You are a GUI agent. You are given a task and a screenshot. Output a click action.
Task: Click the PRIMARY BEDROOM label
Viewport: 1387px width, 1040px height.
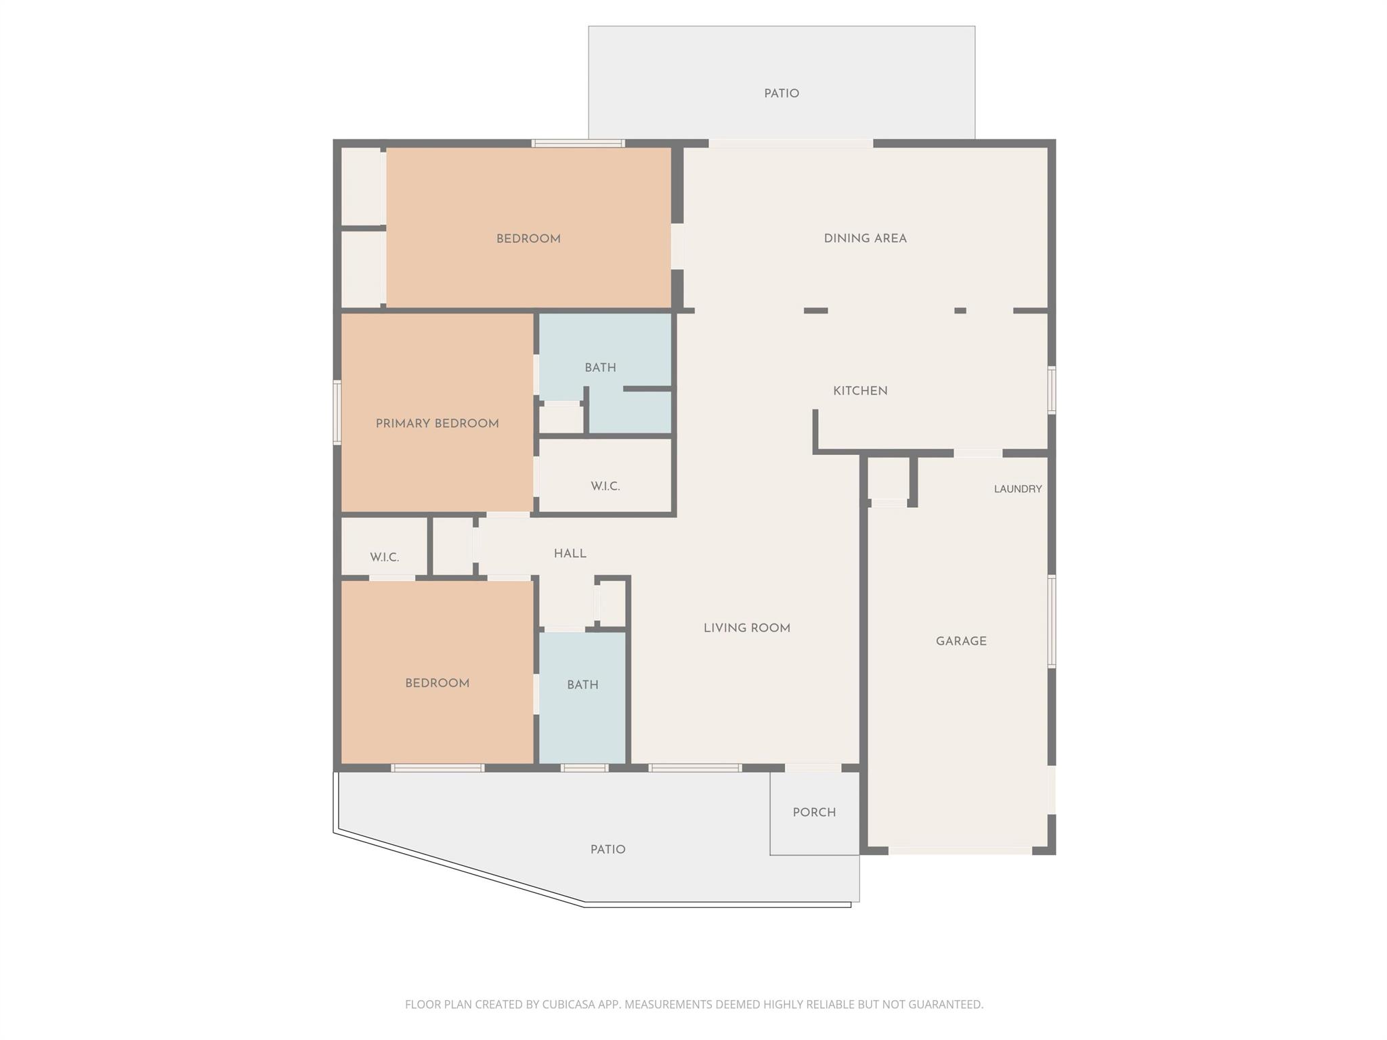coord(437,424)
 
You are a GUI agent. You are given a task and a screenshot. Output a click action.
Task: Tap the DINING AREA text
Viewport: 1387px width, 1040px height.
coord(865,238)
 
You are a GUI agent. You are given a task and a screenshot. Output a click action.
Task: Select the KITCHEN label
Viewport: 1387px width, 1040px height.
coord(860,391)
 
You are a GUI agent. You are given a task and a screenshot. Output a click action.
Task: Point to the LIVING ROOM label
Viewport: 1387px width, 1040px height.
coord(747,628)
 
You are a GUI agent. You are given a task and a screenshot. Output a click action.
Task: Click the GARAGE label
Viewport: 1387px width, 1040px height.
coord(961,641)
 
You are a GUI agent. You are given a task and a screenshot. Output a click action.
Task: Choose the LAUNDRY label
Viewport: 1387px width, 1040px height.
coord(1018,489)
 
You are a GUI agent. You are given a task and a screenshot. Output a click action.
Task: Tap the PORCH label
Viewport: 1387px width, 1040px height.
coord(814,812)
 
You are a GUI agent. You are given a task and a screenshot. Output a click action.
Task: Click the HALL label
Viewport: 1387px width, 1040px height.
coord(570,554)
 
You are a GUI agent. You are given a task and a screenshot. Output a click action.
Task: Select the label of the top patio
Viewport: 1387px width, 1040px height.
coord(782,94)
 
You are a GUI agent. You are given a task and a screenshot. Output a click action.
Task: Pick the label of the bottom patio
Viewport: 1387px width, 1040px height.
coord(607,850)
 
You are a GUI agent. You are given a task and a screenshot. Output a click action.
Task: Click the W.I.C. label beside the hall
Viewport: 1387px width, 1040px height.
coord(384,557)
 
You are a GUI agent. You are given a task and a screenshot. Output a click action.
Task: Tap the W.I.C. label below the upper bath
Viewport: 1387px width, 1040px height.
coord(605,486)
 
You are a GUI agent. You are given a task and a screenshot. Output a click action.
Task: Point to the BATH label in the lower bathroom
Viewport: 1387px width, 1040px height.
coord(582,685)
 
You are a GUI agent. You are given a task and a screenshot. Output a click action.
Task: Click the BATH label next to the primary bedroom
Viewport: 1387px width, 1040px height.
coord(600,368)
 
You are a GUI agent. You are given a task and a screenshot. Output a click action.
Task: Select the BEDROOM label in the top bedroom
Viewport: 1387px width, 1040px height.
coord(528,239)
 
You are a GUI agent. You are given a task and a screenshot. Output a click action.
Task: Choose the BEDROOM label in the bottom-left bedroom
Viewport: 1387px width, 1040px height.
coord(437,684)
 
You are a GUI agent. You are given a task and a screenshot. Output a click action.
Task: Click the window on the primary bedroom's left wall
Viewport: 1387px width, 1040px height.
coord(337,412)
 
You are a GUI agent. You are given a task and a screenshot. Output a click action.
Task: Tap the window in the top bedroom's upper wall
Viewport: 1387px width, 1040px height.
coord(578,144)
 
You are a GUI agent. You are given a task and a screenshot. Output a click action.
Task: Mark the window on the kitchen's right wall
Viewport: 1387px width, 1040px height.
coord(1052,390)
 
